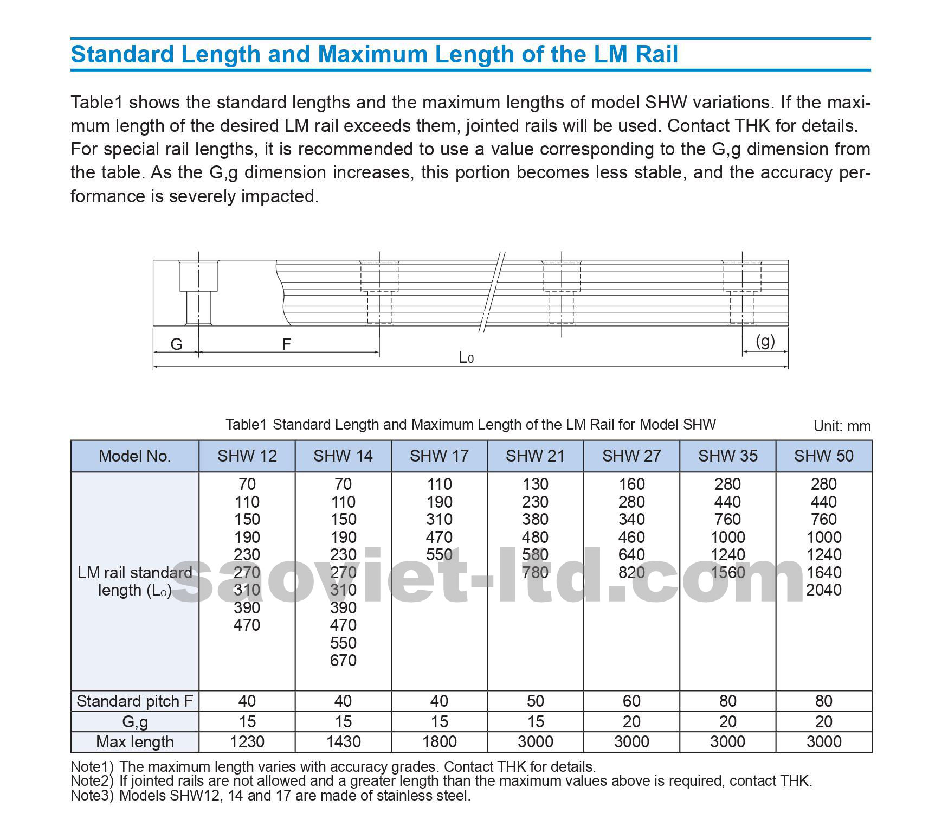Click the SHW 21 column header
coord(535,456)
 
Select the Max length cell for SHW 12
coord(247,741)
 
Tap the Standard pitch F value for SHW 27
coord(631,701)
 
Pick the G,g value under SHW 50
coord(823,721)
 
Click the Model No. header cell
coord(134,456)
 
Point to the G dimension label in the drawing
coord(176,344)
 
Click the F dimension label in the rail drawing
coord(286,344)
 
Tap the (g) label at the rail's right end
coord(765,341)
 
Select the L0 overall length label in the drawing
coord(466,357)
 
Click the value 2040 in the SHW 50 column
coord(823,590)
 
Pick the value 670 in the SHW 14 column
coord(343,660)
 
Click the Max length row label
coord(134,741)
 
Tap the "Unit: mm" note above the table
coord(842,426)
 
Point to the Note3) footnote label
coord(92,796)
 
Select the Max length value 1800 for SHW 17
coord(439,741)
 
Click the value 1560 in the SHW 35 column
coord(727,572)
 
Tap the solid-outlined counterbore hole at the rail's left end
coord(198,293)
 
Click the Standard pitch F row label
coord(134,701)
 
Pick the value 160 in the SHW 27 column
coord(631,484)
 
